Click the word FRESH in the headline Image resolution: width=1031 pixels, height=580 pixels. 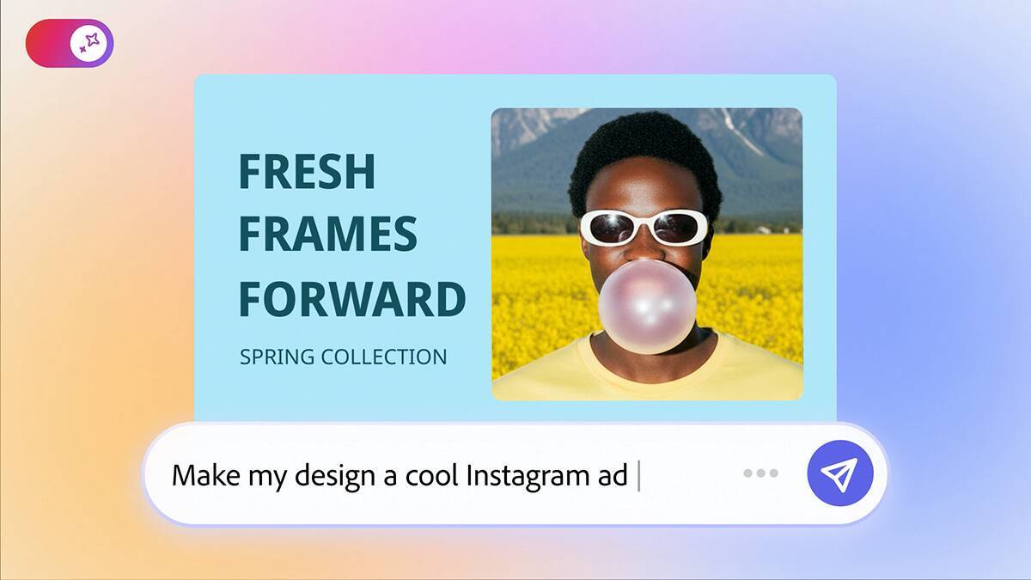pyautogui.click(x=307, y=171)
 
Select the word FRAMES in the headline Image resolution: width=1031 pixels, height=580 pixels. pyautogui.click(x=327, y=235)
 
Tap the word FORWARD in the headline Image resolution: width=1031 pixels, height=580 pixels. pyautogui.click(x=351, y=299)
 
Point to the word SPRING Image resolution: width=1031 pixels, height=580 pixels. pyautogui.click(x=277, y=357)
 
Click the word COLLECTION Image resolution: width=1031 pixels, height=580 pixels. pyautogui.click(x=383, y=357)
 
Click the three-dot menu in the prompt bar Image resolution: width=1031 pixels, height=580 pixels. pyautogui.click(x=760, y=473)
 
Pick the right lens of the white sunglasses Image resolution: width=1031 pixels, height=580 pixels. pyautogui.click(x=679, y=227)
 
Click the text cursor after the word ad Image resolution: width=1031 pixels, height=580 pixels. pyautogui.click(x=638, y=475)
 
